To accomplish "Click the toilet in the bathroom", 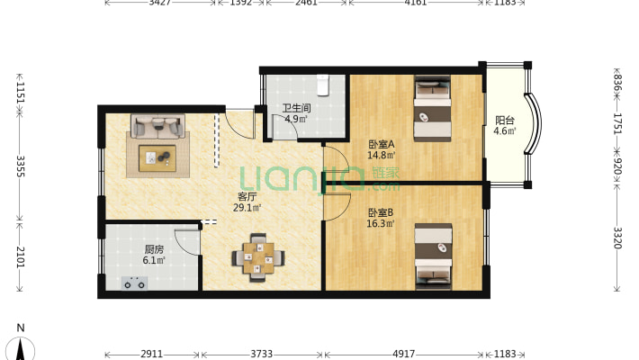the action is [323, 85].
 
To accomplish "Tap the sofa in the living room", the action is [157, 126].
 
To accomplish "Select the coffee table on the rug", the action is [157, 157].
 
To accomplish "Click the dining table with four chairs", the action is [258, 257].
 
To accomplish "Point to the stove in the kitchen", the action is [134, 283].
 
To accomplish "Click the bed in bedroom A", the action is [432, 109].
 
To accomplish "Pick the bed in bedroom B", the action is [433, 256].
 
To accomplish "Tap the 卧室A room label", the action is [381, 144].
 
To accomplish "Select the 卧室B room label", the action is [381, 212].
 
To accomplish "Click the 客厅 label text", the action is [247, 197].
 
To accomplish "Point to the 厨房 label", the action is [154, 249].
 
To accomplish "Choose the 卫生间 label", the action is [296, 108].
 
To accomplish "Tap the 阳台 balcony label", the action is [505, 121].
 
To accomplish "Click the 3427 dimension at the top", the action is [160, 3].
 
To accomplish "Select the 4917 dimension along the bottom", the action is [403, 354].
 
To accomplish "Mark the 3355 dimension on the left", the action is [21, 166].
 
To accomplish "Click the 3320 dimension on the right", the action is [617, 238].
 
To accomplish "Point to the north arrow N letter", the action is [21, 328].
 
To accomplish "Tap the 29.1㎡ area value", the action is [247, 208].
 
